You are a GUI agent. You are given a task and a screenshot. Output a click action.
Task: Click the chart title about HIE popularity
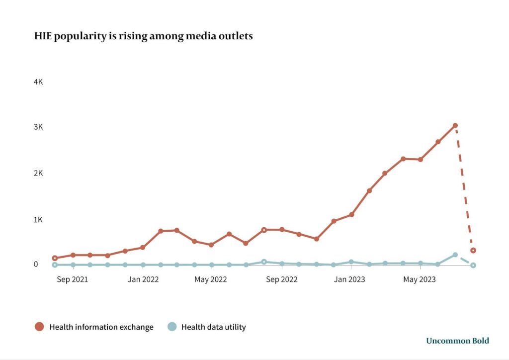pos(143,36)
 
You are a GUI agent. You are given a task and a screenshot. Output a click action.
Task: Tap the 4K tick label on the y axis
pos(38,82)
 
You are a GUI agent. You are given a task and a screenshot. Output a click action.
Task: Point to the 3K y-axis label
pos(38,127)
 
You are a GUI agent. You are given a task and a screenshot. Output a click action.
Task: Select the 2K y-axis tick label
pos(38,174)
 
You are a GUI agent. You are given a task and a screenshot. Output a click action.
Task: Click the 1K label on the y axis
pos(38,219)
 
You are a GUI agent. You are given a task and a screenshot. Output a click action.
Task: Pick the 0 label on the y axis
pos(36,264)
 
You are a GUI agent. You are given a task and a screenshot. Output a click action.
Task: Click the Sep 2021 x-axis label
pos(72,279)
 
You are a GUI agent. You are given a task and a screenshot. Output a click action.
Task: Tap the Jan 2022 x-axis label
pos(143,279)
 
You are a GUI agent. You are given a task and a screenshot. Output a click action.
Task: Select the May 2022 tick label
pos(211,279)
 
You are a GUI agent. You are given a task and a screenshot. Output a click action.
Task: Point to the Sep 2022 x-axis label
pos(281,279)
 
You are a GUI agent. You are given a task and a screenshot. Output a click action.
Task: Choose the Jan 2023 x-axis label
pos(349,279)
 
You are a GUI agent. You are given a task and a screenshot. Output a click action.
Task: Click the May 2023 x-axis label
pos(419,279)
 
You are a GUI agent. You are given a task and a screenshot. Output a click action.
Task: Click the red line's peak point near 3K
pos(455,125)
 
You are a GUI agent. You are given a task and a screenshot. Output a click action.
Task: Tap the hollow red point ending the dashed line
pos(473,250)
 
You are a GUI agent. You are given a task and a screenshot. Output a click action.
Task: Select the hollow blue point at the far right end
pos(473,265)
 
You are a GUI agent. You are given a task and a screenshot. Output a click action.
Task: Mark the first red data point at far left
pos(55,258)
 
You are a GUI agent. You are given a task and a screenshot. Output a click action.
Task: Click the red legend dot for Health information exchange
pos(39,327)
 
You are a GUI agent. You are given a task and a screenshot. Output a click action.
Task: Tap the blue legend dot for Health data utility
pos(171,327)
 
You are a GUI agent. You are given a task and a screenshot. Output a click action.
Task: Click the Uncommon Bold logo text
pos(457,341)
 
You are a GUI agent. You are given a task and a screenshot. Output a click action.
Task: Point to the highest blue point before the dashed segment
pos(455,255)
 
